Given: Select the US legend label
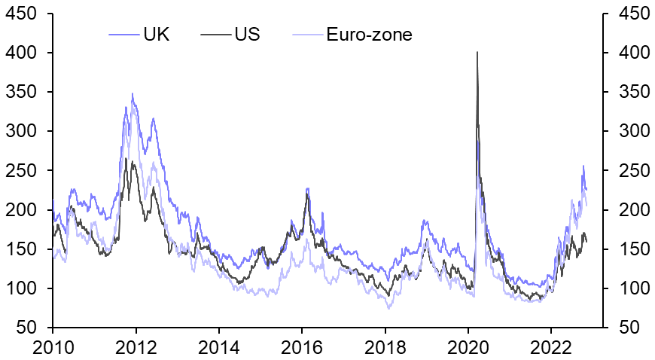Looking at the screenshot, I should [247, 35].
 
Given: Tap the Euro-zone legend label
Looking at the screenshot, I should [369, 35].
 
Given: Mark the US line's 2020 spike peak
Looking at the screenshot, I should [477, 52].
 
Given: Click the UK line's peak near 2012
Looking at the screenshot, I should [133, 94].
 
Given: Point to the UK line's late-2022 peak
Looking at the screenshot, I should [583, 166].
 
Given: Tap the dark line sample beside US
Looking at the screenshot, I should [216, 35].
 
